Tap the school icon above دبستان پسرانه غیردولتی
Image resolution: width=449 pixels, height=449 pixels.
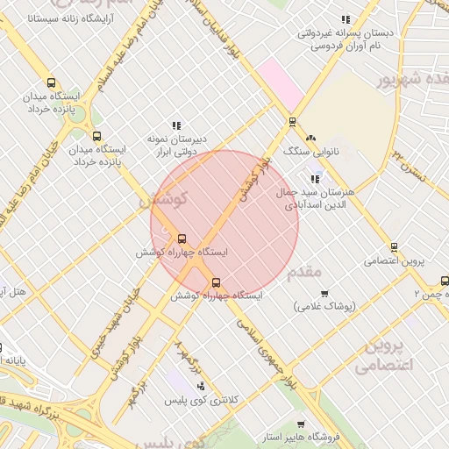pos(346,19)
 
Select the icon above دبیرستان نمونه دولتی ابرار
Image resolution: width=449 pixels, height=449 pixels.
pos(176,125)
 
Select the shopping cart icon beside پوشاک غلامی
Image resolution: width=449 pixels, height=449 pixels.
pos(324,293)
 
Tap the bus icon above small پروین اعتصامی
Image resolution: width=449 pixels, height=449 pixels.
pos(394,246)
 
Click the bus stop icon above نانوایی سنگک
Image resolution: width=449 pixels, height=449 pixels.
pos(292,122)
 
